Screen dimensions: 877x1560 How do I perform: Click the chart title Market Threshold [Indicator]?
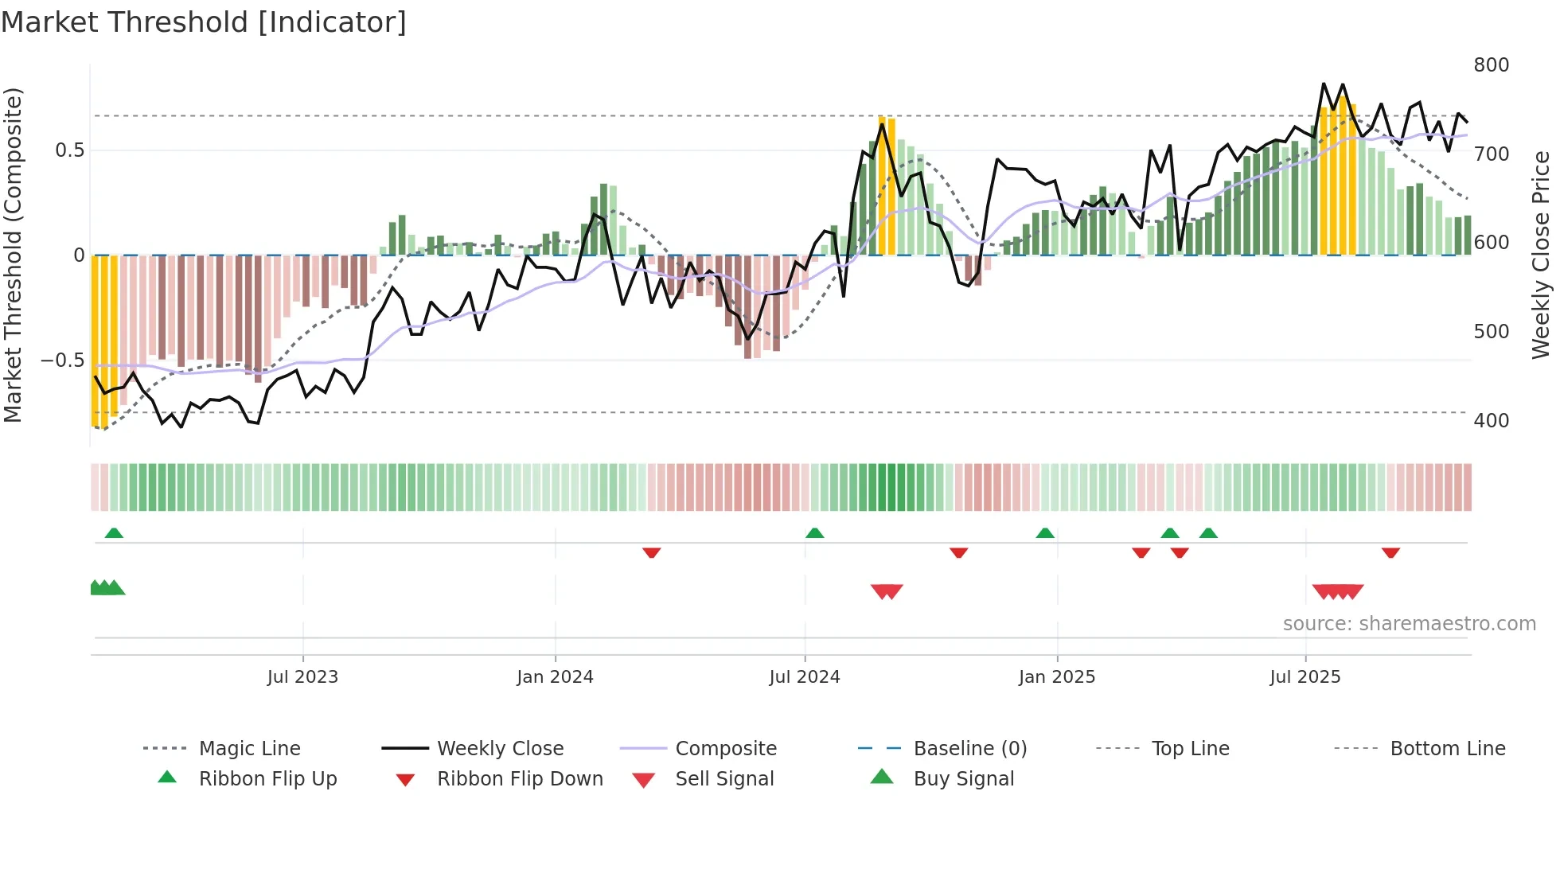point(204,22)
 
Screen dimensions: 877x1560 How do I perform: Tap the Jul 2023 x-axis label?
point(302,677)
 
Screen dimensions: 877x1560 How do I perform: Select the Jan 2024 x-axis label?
point(555,677)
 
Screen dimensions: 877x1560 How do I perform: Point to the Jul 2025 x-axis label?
point(1305,677)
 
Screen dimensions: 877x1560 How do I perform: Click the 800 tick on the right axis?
point(1491,65)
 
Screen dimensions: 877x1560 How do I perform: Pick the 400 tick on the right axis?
point(1491,421)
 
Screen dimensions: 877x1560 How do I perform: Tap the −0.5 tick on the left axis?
point(63,361)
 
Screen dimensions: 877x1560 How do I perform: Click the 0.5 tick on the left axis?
point(70,150)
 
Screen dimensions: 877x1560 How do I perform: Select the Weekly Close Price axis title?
point(1541,255)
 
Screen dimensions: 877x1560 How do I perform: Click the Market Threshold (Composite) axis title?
point(13,255)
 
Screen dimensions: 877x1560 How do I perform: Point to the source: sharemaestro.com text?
point(1409,624)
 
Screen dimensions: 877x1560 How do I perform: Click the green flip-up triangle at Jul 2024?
point(814,533)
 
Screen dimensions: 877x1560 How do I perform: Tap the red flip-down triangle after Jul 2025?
point(1390,552)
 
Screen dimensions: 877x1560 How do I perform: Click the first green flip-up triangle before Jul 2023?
point(114,533)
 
